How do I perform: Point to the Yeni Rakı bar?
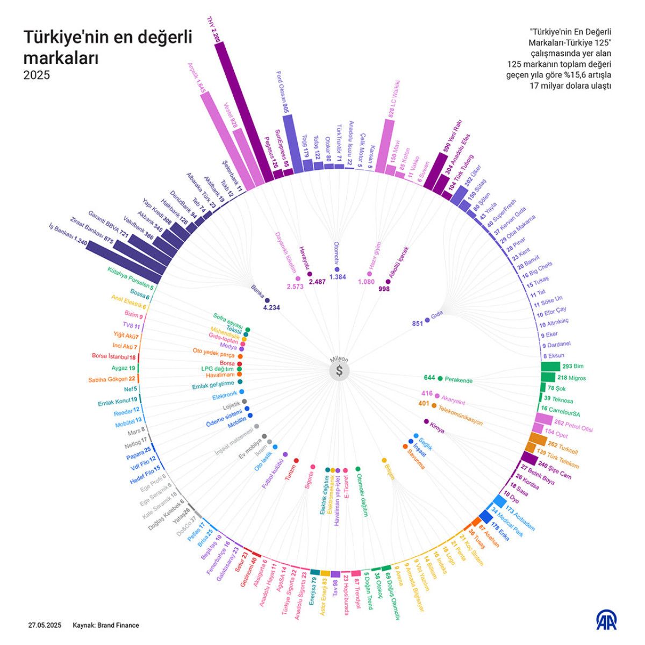tap(436, 170)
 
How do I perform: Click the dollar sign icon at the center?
tap(339, 371)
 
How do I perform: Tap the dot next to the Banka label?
tap(267, 300)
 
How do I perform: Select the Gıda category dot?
tap(427, 320)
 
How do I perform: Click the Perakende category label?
tap(458, 380)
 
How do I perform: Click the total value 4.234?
tap(271, 307)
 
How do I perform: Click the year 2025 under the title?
tap(37, 75)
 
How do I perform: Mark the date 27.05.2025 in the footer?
tap(45, 625)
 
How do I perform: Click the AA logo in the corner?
tap(606, 620)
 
